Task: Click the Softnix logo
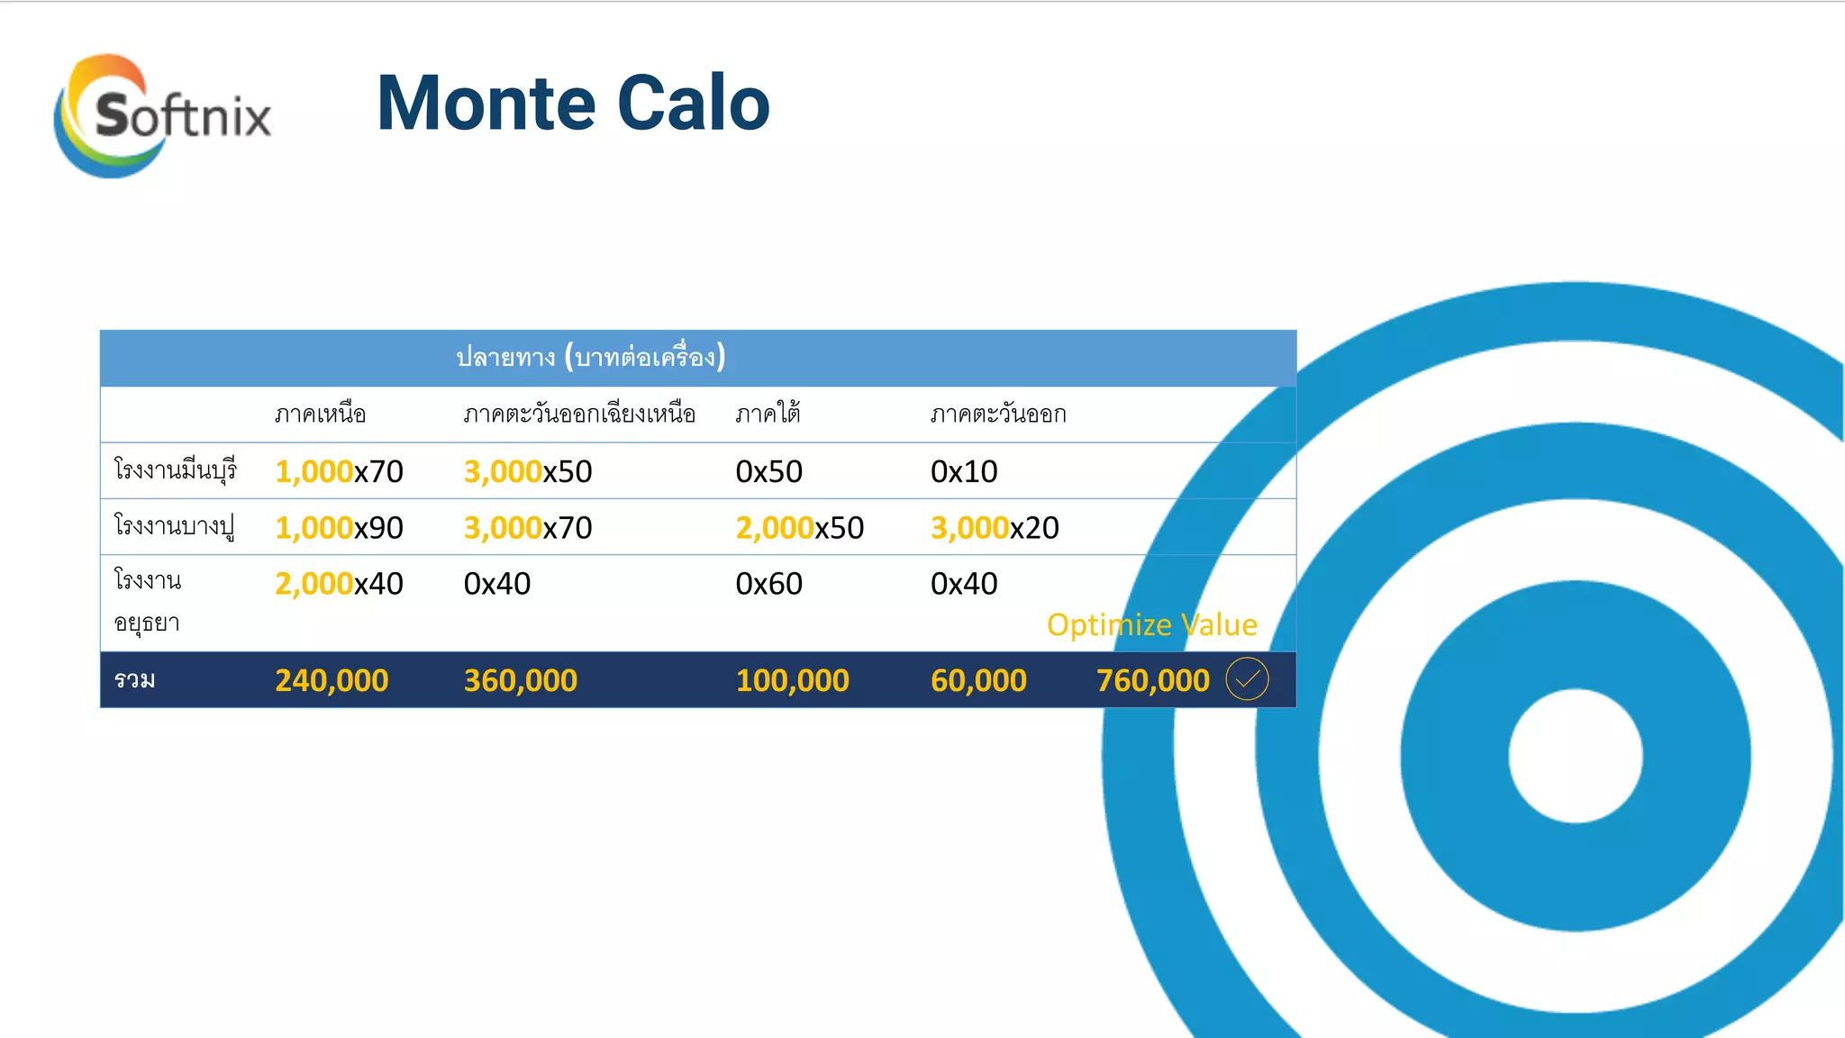click(162, 115)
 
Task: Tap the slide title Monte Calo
click(573, 104)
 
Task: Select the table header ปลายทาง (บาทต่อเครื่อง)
click(590, 358)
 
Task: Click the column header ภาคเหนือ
click(320, 414)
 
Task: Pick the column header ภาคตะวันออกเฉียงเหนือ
click(579, 414)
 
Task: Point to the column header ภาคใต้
click(768, 414)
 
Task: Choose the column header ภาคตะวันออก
click(998, 414)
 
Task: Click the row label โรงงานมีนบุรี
click(175, 470)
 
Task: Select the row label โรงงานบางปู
click(174, 526)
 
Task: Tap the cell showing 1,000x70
click(339, 471)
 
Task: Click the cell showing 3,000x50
click(528, 471)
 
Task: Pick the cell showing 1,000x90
click(339, 528)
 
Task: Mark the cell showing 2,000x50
click(799, 528)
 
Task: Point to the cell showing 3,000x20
click(995, 528)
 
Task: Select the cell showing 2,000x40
click(339, 584)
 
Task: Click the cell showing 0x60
click(768, 584)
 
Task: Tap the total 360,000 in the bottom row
click(520, 680)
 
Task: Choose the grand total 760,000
click(1152, 680)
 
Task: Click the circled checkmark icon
click(1247, 679)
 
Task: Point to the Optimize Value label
click(1151, 624)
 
